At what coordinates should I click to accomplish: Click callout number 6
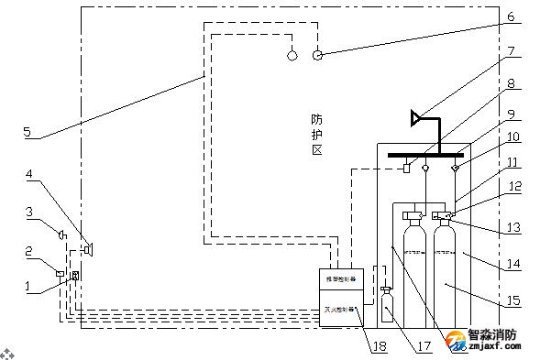coord(512,16)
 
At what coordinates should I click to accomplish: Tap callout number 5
coord(28,132)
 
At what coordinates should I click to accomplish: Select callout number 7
coord(512,52)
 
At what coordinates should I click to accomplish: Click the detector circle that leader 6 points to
coord(317,55)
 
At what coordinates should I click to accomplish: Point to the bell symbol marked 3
coord(61,236)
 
